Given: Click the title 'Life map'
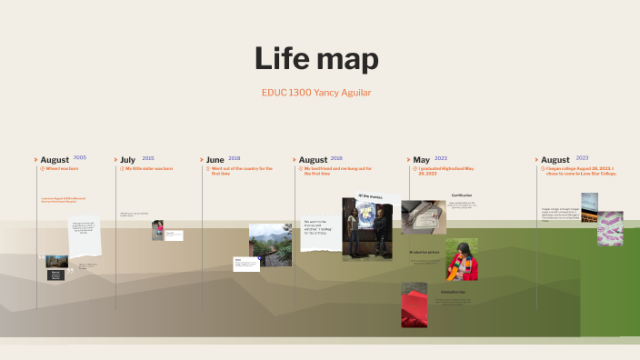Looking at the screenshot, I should pyautogui.click(x=316, y=59).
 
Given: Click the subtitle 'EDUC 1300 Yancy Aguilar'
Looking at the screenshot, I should pyautogui.click(x=315, y=92).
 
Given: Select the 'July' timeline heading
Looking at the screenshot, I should pyautogui.click(x=127, y=160).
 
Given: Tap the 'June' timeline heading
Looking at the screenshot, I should pyautogui.click(x=215, y=160).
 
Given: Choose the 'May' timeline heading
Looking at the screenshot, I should pyautogui.click(x=421, y=160).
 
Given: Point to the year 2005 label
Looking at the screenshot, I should pyautogui.click(x=80, y=158).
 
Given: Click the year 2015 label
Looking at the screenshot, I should pyautogui.click(x=148, y=158).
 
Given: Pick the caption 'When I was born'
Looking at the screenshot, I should pyautogui.click(x=62, y=169).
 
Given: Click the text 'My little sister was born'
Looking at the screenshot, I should pyautogui.click(x=149, y=169).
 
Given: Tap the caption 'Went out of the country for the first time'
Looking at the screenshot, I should pyautogui.click(x=242, y=171).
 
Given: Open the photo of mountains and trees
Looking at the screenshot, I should pyautogui.click(x=270, y=244).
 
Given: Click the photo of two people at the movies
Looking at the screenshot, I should pyautogui.click(x=367, y=229).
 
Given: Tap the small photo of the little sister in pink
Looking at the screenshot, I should pyautogui.click(x=157, y=230).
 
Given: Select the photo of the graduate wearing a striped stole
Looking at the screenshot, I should pyautogui.click(x=461, y=260).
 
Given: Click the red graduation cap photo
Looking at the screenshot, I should pyautogui.click(x=415, y=305).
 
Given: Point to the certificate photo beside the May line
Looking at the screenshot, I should pyautogui.click(x=423, y=217).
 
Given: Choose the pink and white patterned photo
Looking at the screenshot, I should pyautogui.click(x=610, y=228).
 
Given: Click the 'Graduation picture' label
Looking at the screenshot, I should pyautogui.click(x=425, y=251).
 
